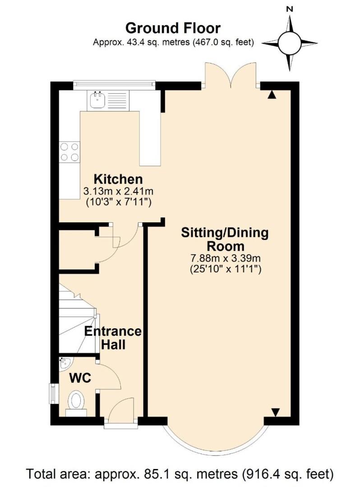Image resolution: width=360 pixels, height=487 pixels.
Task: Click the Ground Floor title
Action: point(173,28)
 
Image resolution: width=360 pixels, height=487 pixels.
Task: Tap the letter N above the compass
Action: point(290,9)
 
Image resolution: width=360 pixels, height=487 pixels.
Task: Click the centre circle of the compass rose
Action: point(289,43)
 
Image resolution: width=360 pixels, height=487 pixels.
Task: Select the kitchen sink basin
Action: point(97,100)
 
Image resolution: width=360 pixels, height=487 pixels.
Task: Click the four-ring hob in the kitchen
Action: point(69,152)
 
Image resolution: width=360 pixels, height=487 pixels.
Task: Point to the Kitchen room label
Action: point(118,179)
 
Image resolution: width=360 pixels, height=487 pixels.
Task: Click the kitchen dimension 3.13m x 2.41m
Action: point(118,191)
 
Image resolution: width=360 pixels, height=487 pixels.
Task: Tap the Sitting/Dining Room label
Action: point(225,239)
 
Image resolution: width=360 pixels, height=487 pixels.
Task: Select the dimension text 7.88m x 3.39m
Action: point(225,258)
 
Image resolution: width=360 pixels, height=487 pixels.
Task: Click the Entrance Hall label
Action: point(113,338)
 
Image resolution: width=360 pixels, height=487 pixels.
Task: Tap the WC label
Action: point(80,378)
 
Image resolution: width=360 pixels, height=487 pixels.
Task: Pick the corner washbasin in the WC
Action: point(65,364)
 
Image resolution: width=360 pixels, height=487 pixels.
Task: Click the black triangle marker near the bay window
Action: point(275,412)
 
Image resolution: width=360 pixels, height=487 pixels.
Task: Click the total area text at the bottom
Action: point(180,474)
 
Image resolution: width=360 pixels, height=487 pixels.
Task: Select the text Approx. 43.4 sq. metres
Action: point(141,42)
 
